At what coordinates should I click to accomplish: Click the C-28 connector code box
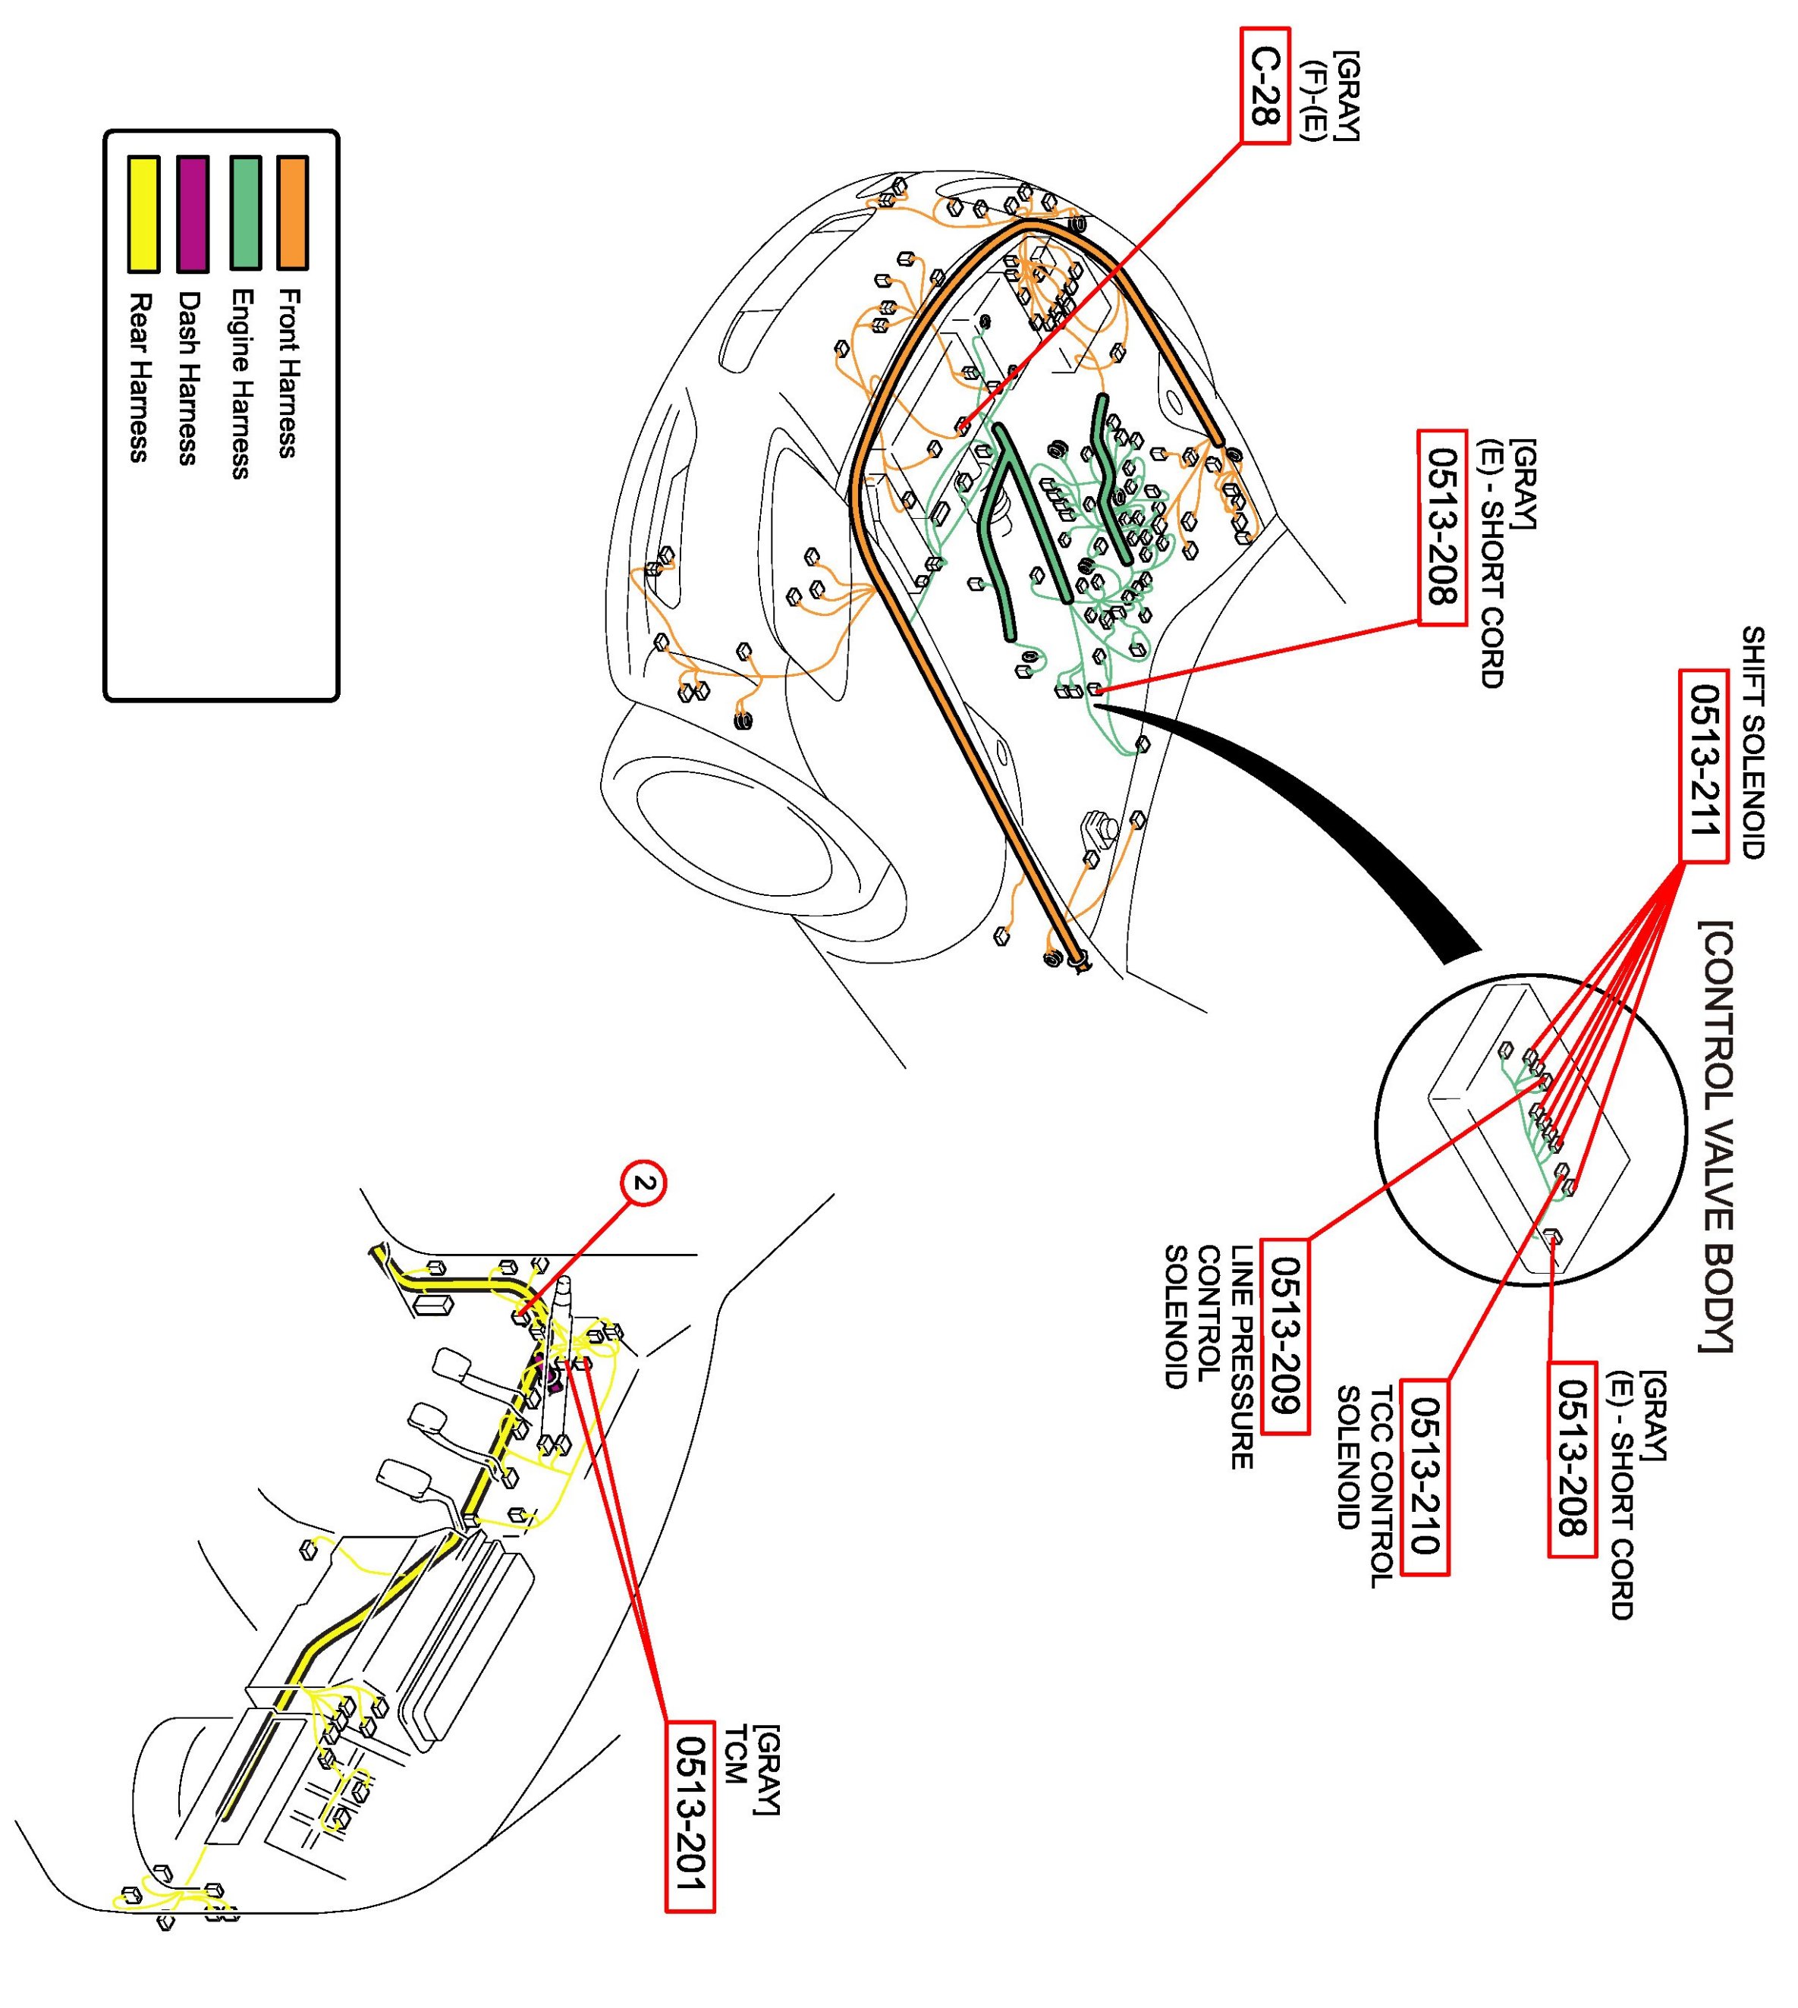1265,86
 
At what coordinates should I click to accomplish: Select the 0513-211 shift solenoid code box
1703,766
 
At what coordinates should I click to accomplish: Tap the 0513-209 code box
1284,1337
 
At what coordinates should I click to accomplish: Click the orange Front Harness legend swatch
292,212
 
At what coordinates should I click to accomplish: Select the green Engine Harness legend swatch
244,212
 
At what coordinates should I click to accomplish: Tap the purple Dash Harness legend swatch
192,213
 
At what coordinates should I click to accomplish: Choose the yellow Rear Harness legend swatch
143,213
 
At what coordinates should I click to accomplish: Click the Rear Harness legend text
141,377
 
